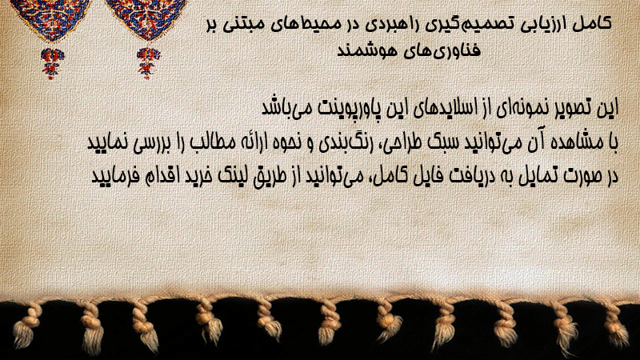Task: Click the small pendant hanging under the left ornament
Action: [52, 63]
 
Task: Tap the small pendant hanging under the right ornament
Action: [148, 63]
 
